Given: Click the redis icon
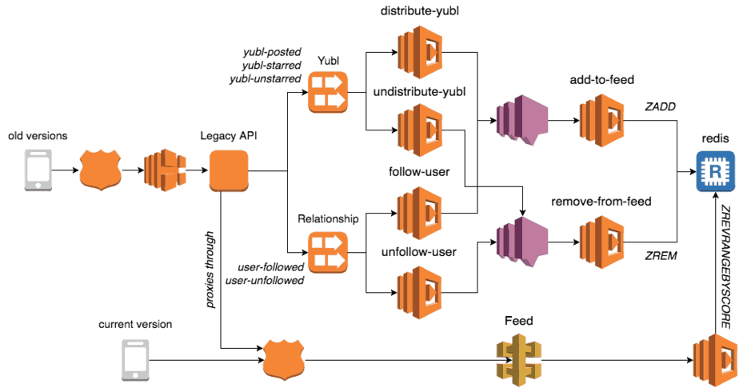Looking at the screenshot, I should click(713, 172).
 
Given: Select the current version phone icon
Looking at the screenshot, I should click(134, 359).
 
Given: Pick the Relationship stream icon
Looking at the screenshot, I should click(327, 250).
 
